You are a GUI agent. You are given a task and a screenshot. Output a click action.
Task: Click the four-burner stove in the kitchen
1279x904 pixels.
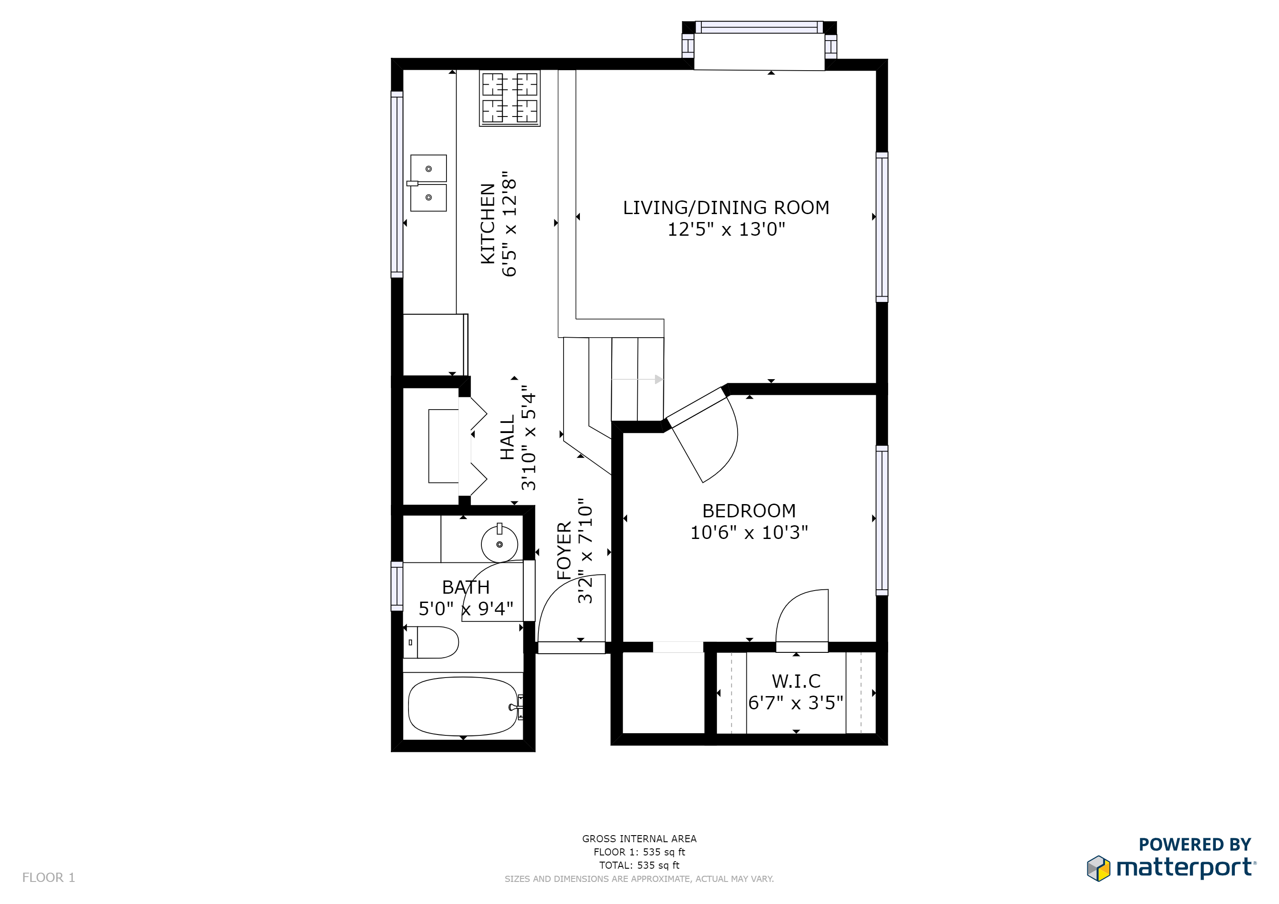click(x=510, y=98)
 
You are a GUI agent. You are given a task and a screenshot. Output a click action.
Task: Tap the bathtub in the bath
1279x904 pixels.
click(x=463, y=706)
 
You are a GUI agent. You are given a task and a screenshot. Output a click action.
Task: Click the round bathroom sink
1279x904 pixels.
click(x=499, y=543)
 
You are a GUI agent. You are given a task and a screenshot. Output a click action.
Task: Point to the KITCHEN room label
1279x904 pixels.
click(x=488, y=223)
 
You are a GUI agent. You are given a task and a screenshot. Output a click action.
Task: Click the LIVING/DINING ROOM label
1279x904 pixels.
click(x=726, y=207)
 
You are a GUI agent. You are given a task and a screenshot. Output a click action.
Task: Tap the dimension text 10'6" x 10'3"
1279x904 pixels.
click(x=749, y=533)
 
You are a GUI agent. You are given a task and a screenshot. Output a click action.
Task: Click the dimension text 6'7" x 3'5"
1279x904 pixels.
click(x=795, y=703)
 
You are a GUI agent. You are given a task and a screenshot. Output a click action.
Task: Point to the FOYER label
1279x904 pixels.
click(x=564, y=550)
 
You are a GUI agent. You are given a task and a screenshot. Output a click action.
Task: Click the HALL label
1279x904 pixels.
click(x=507, y=437)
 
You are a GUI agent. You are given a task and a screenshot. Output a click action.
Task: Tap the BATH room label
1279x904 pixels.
click(x=465, y=587)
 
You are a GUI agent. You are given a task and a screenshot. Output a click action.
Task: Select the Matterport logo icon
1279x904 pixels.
click(x=1098, y=868)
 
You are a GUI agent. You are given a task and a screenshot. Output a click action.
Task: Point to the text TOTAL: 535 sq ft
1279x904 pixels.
click(x=639, y=865)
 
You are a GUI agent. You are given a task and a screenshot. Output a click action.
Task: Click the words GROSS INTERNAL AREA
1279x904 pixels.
click(x=639, y=839)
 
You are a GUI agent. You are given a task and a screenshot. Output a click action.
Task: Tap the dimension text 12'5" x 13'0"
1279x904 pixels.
click(x=727, y=230)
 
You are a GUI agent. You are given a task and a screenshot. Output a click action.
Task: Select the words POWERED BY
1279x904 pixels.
click(x=1195, y=844)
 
